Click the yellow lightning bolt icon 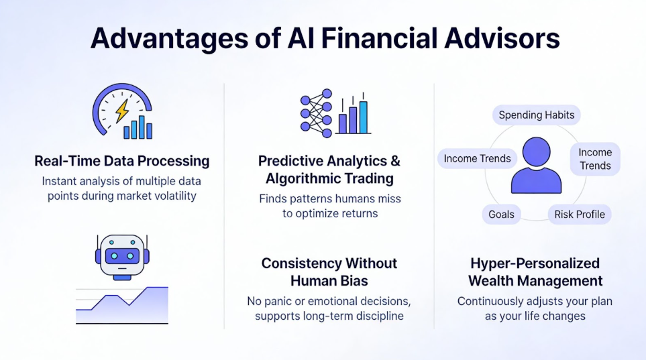click(121, 110)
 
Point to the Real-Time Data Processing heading click(121, 161)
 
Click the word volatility click(176, 195)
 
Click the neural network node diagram click(317, 113)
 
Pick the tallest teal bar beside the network click(363, 117)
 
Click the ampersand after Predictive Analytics click(395, 161)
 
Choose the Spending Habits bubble click(536, 115)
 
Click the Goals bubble click(501, 215)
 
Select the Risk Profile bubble click(579, 215)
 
